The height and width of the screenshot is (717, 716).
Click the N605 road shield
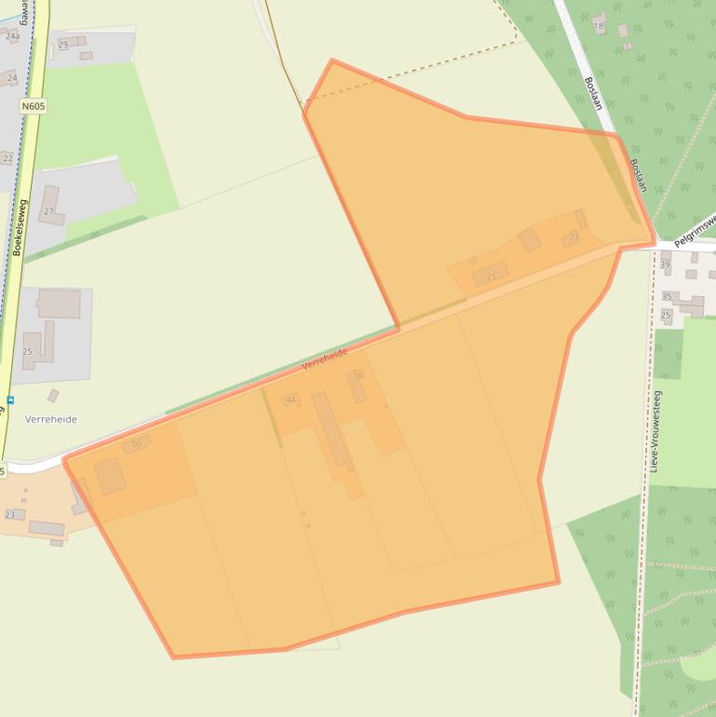pyautogui.click(x=33, y=106)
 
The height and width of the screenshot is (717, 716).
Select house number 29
pyautogui.click(x=63, y=45)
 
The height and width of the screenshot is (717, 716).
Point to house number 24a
pyautogui.click(x=12, y=36)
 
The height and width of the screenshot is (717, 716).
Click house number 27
pyautogui.click(x=48, y=211)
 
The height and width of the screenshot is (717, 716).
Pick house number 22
pyautogui.click(x=7, y=158)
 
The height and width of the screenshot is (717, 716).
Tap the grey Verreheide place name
pyautogui.click(x=51, y=419)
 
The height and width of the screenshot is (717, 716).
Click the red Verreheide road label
pyautogui.click(x=325, y=358)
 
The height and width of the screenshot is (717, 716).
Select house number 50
pyautogui.click(x=137, y=444)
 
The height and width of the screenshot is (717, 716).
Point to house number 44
pyautogui.click(x=291, y=399)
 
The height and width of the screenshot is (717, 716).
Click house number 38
pyautogui.click(x=358, y=376)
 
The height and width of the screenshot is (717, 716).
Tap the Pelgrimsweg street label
pyautogui.click(x=694, y=228)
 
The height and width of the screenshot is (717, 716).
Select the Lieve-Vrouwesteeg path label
pyautogui.click(x=656, y=431)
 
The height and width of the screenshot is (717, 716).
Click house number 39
pyautogui.click(x=665, y=264)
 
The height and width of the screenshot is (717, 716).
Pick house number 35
pyautogui.click(x=667, y=297)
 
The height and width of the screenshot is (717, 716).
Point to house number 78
pyautogui.click(x=599, y=25)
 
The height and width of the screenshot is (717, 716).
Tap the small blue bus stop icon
pyautogui.click(x=9, y=400)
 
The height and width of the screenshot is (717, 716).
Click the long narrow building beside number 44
pyautogui.click(x=331, y=430)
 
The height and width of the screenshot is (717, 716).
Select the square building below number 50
pyautogui.click(x=110, y=476)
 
